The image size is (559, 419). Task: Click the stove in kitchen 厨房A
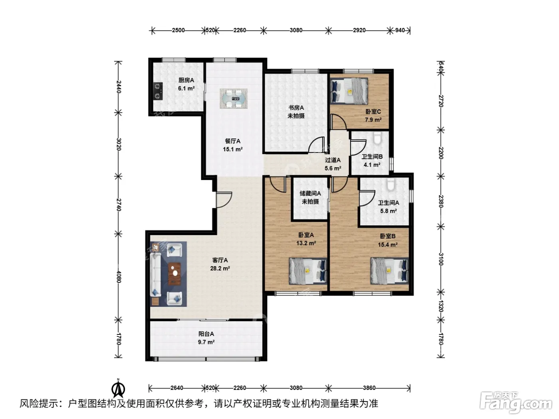tap(158, 91)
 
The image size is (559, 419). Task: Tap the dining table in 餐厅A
tap(234, 99)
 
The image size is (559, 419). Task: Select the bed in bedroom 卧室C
tap(349, 91)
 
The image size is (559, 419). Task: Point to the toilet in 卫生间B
tap(377, 138)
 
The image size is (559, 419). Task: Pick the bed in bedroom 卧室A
tap(308, 271)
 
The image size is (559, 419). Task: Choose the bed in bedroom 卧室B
tap(390, 271)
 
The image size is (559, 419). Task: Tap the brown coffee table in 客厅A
tap(174, 274)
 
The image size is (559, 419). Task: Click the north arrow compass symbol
tap(118, 388)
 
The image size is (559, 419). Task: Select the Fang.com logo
tap(516, 403)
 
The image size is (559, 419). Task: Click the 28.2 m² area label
tap(220, 269)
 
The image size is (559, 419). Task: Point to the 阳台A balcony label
tap(206, 334)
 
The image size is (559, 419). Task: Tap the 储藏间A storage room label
tap(310, 194)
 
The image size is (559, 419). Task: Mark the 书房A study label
tap(296, 108)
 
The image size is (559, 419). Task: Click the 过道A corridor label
tap(333, 160)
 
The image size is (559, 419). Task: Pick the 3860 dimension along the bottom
tap(369, 388)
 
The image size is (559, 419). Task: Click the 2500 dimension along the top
tap(178, 30)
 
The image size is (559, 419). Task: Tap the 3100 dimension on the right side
tap(441, 259)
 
